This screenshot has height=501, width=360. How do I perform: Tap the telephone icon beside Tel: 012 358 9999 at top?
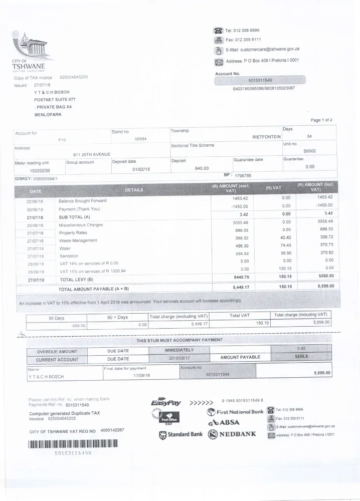coord(218,30)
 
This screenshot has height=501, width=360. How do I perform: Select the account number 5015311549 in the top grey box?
coord(260,80)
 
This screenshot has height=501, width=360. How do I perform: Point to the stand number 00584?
coord(140,138)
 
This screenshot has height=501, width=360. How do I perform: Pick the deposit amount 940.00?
coord(202,168)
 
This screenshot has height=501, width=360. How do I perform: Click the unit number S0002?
coord(309,151)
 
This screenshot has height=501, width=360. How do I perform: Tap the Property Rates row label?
coord(73,232)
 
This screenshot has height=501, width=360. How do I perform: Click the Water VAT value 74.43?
coord(286,248)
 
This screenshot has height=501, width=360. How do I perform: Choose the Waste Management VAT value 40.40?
coord(286,240)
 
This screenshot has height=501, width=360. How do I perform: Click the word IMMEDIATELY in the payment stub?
coord(179,349)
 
